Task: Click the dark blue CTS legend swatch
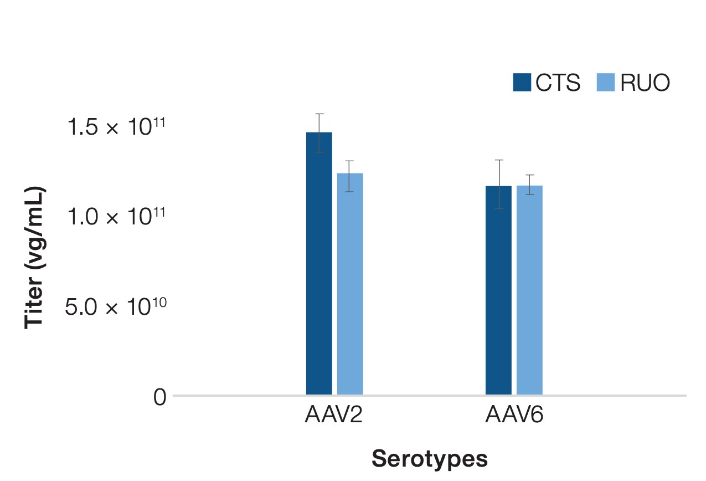tap(522, 83)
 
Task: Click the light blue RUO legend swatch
tap(606, 83)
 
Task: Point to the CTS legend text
tap(558, 83)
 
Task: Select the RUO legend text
tap(645, 83)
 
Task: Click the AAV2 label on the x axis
tap(333, 415)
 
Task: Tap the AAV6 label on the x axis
tap(514, 415)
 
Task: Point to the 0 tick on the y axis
tap(159, 397)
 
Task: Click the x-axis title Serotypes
tap(430, 459)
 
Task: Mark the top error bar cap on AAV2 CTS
tap(319, 114)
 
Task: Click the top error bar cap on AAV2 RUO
tap(349, 161)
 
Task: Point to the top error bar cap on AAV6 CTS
tap(499, 160)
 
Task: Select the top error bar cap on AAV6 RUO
tap(529, 175)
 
